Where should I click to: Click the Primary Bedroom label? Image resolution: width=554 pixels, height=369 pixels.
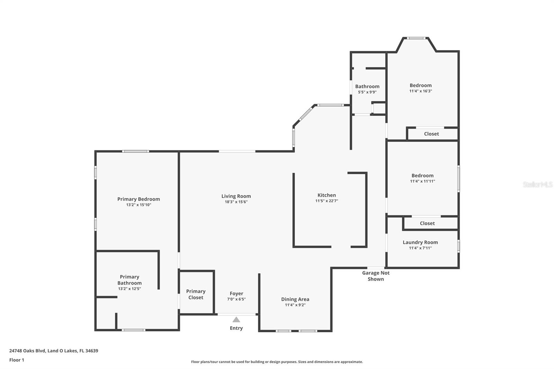138,199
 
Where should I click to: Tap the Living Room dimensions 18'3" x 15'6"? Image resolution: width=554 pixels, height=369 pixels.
236,202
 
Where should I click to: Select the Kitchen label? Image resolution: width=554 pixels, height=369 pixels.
327,195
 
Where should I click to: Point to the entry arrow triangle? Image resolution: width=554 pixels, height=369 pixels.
236,319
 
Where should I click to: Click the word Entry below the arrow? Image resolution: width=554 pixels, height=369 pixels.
236,328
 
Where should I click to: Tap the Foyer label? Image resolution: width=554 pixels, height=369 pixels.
236,294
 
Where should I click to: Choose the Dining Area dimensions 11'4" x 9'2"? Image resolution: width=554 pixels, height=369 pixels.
295,305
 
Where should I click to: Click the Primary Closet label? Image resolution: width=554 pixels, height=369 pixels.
196,294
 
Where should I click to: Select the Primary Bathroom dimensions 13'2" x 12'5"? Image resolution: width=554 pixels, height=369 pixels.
129,289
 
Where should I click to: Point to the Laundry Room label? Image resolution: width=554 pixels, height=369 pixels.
420,242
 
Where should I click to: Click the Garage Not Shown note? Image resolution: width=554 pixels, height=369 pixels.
376,276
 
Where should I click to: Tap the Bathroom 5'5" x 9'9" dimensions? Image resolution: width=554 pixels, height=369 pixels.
367,92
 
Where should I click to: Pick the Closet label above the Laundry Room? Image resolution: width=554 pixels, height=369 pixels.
427,223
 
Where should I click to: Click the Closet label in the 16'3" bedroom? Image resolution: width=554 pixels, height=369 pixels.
431,134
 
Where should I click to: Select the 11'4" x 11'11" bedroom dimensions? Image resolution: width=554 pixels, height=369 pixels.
422,181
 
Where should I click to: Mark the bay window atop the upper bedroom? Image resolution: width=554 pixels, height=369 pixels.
416,38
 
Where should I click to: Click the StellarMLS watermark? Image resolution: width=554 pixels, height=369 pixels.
537,184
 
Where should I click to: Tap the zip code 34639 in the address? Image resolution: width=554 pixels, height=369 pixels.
92,351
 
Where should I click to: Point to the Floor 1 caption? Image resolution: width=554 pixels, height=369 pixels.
17,360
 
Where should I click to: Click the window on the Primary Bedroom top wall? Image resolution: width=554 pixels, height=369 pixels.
135,151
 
